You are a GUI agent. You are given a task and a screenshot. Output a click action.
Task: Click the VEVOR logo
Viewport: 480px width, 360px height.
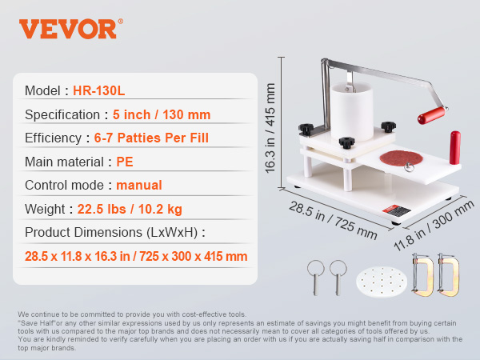coord(71,29)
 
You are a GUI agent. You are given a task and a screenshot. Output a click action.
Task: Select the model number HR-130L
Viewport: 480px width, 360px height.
coord(99,90)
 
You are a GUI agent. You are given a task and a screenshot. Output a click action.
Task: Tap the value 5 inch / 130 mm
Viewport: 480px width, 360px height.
coord(162,114)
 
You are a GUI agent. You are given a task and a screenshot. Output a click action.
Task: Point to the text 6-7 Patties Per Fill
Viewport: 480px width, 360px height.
coord(151,138)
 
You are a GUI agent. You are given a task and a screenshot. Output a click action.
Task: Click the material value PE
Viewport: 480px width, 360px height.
coord(125,162)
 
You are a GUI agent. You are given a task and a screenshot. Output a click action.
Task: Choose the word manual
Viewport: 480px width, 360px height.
coord(139,186)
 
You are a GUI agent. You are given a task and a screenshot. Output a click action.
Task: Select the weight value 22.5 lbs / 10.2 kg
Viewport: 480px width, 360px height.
coord(130,209)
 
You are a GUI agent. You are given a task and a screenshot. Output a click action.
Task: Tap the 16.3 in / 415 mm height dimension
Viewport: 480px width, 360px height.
coord(270,128)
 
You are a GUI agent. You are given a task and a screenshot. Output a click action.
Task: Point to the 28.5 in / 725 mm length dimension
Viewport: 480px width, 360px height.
coord(333,220)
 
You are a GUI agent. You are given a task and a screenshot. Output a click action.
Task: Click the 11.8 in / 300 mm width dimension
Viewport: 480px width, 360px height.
coord(434,226)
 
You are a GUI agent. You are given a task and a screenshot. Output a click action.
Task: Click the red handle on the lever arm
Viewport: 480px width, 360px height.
coord(432,115)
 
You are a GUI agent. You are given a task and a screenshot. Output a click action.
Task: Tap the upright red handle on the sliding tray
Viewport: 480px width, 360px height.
coord(455,148)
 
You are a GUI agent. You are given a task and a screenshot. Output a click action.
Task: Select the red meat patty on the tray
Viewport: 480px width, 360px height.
coord(401,158)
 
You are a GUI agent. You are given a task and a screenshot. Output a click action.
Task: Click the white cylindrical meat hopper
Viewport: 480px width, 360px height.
coord(352,111)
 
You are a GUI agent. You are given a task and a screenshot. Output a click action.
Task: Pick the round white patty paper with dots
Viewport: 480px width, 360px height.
coord(382,282)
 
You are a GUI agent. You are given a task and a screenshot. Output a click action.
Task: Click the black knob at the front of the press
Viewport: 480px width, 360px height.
coord(346,142)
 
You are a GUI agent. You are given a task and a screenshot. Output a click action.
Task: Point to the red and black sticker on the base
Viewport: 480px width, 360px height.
coord(397,210)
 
